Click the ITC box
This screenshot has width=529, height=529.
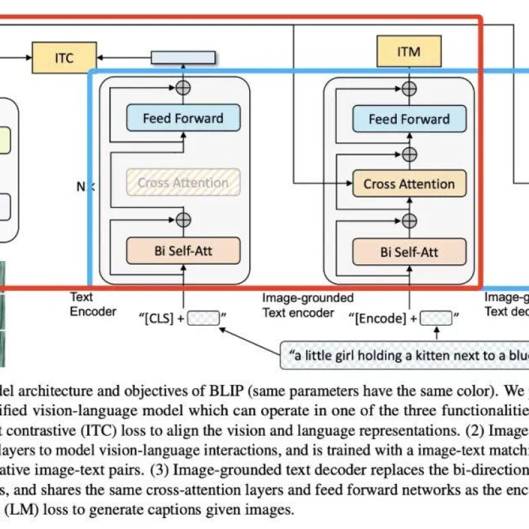(x=64, y=58)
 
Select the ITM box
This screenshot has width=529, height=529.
(x=409, y=52)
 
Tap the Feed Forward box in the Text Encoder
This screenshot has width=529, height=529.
(x=183, y=119)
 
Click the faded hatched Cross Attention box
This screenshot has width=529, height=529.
(x=183, y=183)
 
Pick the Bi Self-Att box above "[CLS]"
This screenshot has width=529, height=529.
(x=183, y=251)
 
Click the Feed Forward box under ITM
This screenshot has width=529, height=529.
(x=409, y=120)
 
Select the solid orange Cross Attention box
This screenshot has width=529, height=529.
(x=409, y=184)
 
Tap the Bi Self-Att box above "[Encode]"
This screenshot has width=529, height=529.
(x=409, y=251)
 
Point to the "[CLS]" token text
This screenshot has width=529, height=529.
(x=159, y=319)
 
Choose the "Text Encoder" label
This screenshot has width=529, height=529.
(x=93, y=305)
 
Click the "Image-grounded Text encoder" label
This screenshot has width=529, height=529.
(x=308, y=305)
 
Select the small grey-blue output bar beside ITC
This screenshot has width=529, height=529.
(x=183, y=58)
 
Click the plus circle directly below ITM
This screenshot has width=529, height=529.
(x=409, y=87)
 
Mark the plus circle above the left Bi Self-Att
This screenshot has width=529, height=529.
(x=183, y=219)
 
